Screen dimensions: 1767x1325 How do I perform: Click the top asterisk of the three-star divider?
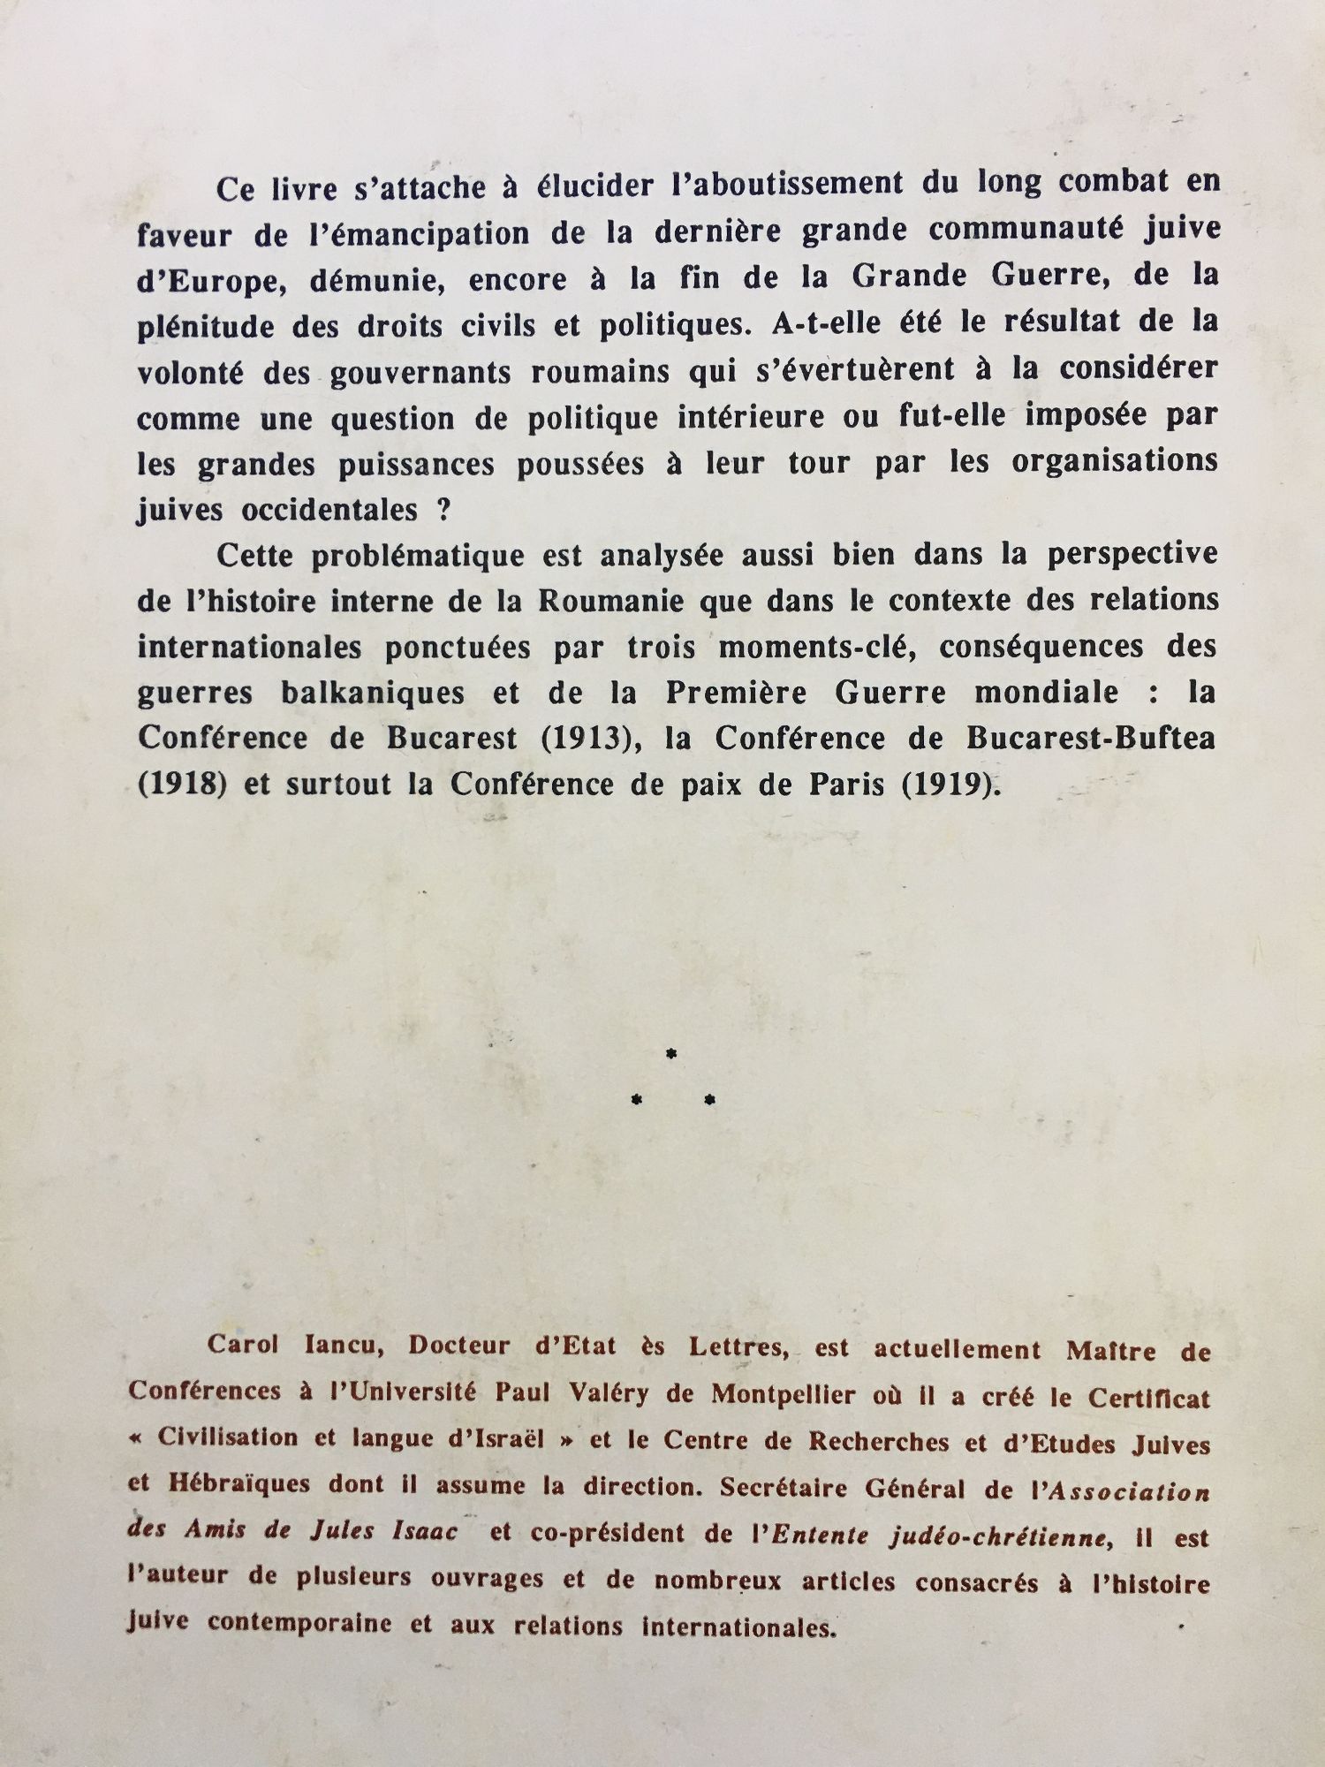click(671, 1053)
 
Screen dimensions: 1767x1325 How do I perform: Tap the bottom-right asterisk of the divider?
click(709, 1100)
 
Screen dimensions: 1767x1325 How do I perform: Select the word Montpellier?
click(784, 1395)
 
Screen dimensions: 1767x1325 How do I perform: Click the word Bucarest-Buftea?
click(1090, 738)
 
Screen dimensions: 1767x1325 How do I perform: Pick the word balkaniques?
click(373, 694)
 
